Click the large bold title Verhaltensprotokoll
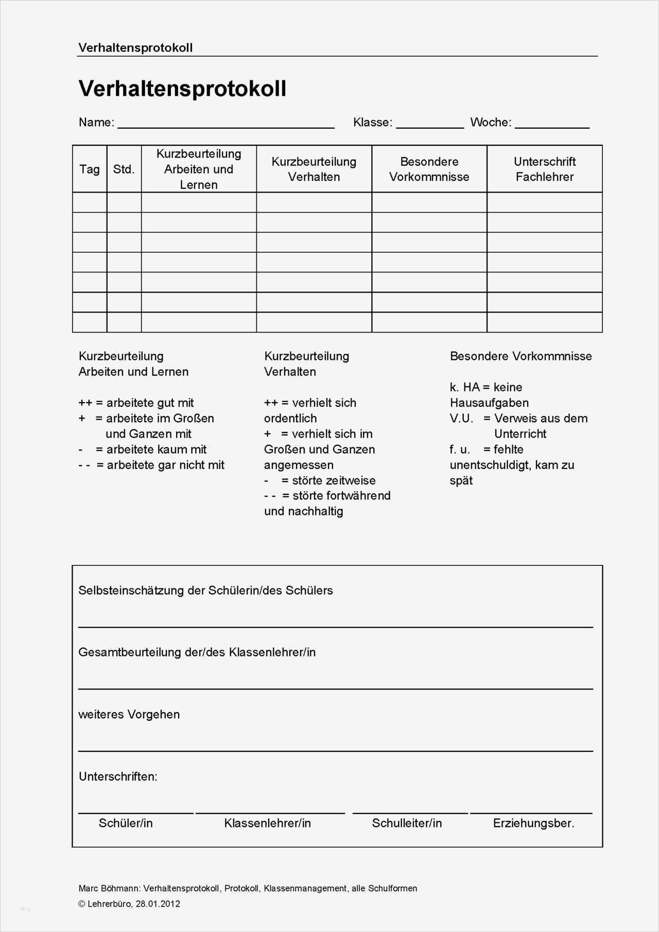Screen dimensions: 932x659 click(182, 89)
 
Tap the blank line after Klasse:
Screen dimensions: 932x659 click(429, 127)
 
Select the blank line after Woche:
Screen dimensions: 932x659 click(552, 127)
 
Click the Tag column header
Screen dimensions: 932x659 click(90, 169)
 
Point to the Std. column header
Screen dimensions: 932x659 click(124, 169)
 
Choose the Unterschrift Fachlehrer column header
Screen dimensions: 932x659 click(544, 169)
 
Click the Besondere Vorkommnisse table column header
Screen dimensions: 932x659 click(429, 169)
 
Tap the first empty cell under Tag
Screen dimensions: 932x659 click(90, 203)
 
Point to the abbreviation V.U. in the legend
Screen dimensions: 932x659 click(461, 419)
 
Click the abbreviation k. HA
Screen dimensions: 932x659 click(464, 387)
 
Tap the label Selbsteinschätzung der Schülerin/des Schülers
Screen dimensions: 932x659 click(205, 591)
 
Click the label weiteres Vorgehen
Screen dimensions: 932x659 click(129, 715)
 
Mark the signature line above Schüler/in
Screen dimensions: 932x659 click(136, 813)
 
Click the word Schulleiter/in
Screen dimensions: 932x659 click(407, 823)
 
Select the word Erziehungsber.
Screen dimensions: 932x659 click(533, 823)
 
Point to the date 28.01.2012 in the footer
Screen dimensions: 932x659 click(158, 904)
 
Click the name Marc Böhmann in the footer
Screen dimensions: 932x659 click(108, 888)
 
